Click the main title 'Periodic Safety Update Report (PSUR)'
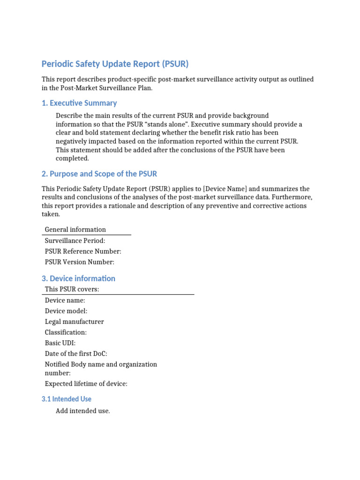tap(115, 64)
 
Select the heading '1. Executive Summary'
tap(79, 103)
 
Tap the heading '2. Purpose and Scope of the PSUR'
tap(99, 174)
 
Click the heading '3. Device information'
tap(78, 278)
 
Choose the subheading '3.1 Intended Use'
tap(66, 399)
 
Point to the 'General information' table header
tap(75, 230)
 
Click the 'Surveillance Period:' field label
tap(75, 240)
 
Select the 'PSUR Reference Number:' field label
tap(83, 251)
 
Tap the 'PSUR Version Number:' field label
tap(79, 262)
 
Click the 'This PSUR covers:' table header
tap(72, 289)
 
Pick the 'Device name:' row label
tap(65, 300)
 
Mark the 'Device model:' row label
tap(66, 311)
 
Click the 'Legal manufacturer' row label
tap(74, 322)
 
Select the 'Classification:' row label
tap(66, 332)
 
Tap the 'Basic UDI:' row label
tap(60, 343)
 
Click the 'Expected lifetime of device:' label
tap(86, 384)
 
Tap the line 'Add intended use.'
tap(82, 411)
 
